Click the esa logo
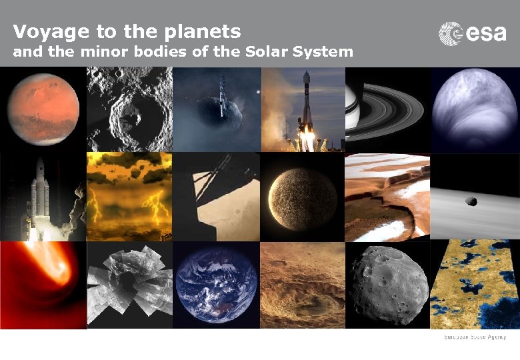(472, 33)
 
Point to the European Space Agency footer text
(476, 338)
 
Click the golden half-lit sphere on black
(302, 198)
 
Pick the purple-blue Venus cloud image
(474, 110)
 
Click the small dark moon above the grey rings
(471, 201)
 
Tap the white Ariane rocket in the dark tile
(40, 193)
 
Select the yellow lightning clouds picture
(129, 197)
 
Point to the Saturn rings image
(387, 110)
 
